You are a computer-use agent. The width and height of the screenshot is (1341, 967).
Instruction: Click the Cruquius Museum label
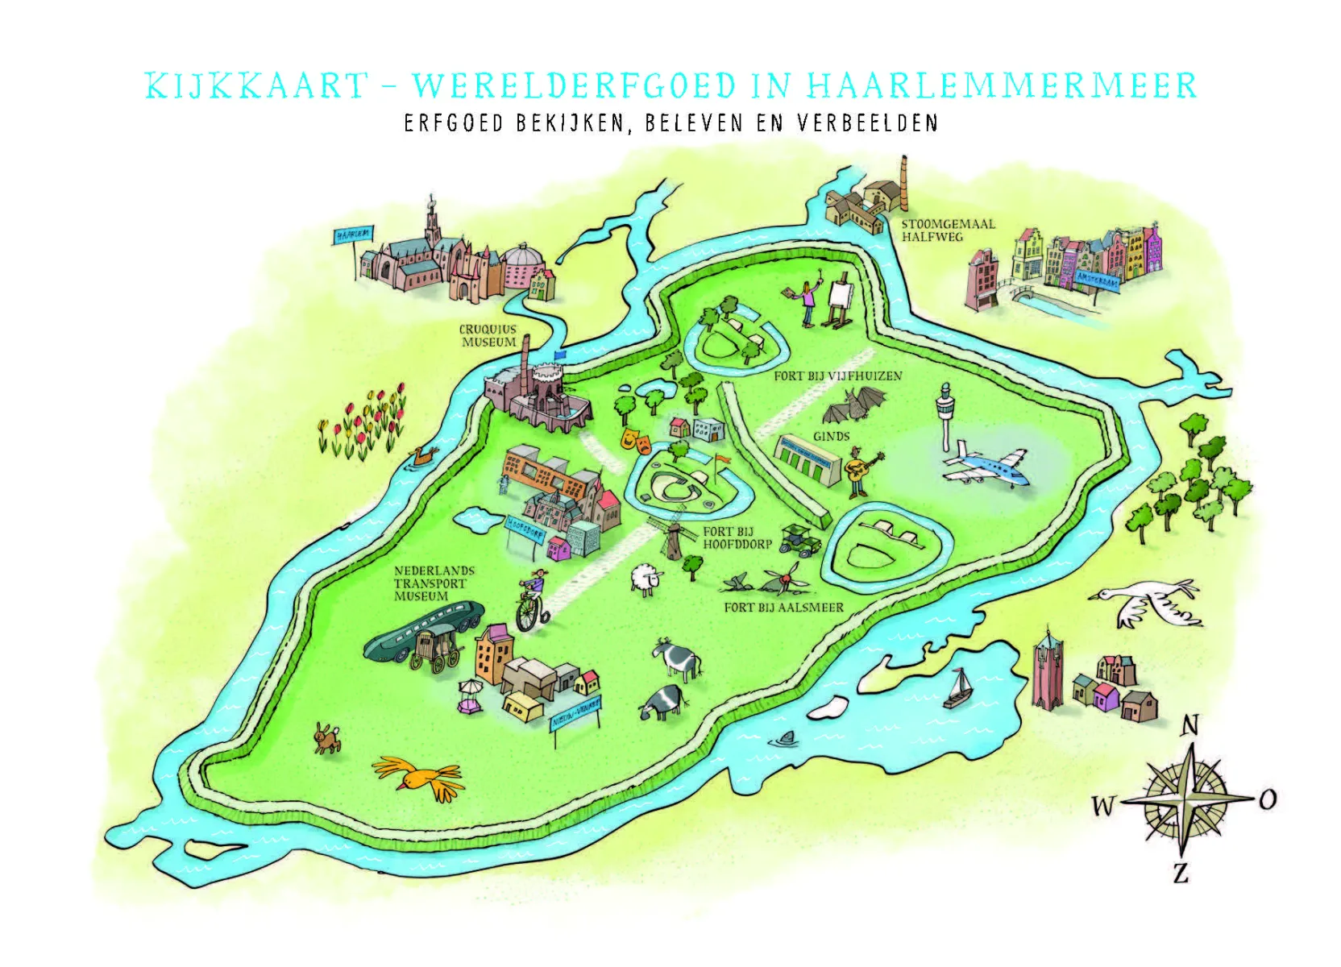pos(488,336)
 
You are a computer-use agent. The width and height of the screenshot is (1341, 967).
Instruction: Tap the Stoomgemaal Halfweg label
pos(948,230)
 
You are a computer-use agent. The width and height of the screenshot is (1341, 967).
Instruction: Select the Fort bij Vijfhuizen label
pos(837,376)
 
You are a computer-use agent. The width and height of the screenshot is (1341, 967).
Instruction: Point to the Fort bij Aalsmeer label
pos(783,608)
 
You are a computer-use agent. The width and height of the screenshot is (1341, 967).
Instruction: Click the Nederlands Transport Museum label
pos(434,583)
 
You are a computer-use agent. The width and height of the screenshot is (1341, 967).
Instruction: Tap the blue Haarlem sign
pos(353,234)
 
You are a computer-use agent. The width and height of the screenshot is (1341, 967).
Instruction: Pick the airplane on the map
pos(986,466)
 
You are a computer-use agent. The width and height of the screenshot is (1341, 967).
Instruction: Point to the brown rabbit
pos(326,737)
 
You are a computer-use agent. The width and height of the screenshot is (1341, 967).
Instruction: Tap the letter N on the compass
pos(1189,726)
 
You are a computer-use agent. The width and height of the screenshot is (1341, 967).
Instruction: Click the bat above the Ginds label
pos(854,405)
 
